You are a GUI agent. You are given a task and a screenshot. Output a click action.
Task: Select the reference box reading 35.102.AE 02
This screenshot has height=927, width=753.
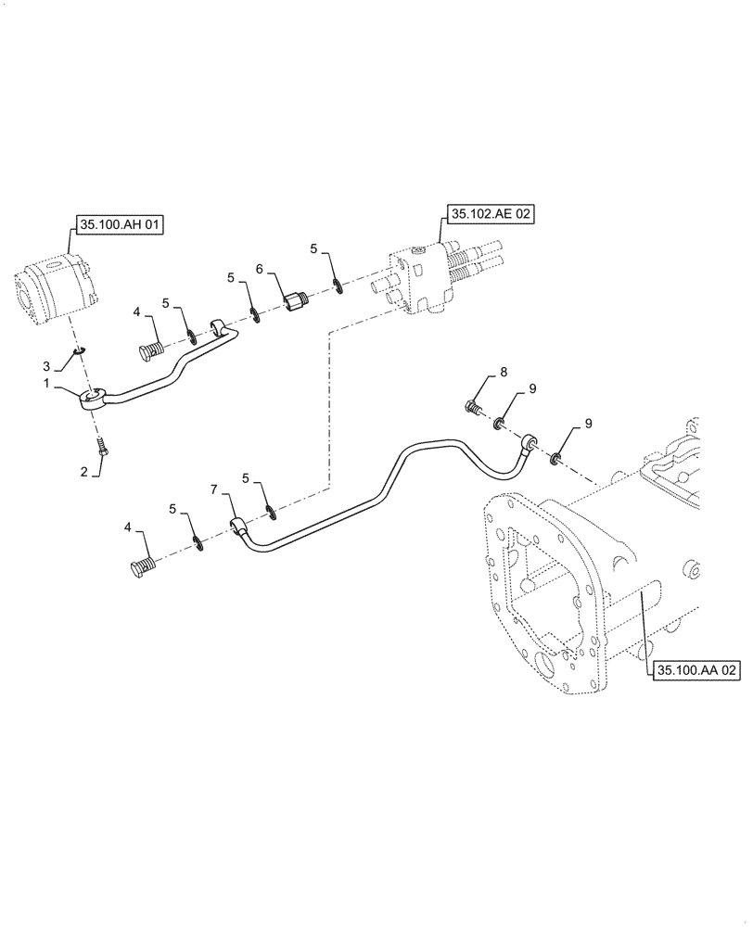pos(491,214)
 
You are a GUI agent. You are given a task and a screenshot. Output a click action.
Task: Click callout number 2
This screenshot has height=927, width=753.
pos(83,472)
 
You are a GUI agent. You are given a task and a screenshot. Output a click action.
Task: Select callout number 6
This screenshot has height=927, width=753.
pos(260,269)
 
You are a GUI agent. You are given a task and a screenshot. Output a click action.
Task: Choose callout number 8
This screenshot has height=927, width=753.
pos(504,373)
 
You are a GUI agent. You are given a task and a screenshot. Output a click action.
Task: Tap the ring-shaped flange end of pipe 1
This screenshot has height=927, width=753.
pos(94,400)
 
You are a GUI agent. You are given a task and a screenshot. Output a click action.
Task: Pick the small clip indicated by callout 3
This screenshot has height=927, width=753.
pos(81,351)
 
